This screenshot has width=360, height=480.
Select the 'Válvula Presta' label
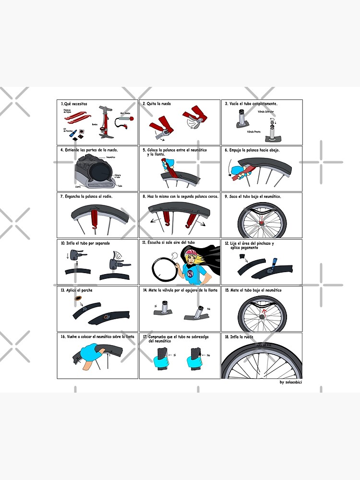click(x=254, y=131)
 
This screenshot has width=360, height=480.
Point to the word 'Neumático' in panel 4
click(x=111, y=157)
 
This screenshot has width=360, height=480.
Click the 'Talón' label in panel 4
click(x=120, y=185)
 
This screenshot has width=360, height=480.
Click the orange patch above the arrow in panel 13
click(x=77, y=299)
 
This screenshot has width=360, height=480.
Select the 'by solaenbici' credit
click(x=290, y=382)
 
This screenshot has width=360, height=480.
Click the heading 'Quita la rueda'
click(x=158, y=104)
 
